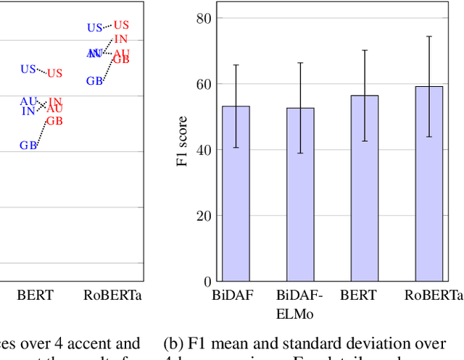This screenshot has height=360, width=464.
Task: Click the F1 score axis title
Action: (x=183, y=142)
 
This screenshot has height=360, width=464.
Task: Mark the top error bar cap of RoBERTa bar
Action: (x=429, y=36)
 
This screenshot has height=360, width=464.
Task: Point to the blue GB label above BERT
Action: (x=28, y=146)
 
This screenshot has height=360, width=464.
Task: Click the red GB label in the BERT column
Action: (x=54, y=121)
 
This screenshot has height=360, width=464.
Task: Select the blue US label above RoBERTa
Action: (x=95, y=28)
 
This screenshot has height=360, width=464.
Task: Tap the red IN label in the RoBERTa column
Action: (x=121, y=39)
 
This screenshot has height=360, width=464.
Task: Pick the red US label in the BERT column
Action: (x=55, y=73)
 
